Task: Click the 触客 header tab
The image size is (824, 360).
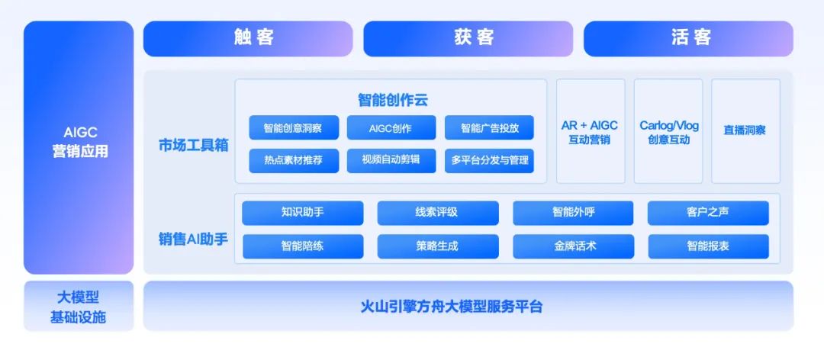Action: [x=248, y=38]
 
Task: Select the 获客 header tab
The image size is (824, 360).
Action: [x=468, y=38]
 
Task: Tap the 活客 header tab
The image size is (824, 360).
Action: [x=688, y=38]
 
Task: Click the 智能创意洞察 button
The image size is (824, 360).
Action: [x=294, y=128]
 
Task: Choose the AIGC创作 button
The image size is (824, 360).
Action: [x=391, y=128]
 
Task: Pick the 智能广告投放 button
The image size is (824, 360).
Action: [x=489, y=128]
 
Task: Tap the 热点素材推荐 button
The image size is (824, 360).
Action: [x=294, y=160]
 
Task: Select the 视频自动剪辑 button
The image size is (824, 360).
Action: [x=391, y=160]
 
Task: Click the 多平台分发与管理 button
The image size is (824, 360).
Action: [x=489, y=160]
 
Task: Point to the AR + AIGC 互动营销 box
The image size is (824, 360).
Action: [x=591, y=131]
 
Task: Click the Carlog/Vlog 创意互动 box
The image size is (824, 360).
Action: [x=668, y=131]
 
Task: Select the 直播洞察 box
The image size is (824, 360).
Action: [x=745, y=130]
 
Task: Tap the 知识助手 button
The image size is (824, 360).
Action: [x=302, y=213]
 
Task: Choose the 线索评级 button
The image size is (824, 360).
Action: [x=437, y=213]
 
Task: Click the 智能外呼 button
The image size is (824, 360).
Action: [x=573, y=213]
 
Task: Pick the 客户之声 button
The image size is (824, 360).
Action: [x=708, y=213]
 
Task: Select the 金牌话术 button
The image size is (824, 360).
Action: [x=573, y=246]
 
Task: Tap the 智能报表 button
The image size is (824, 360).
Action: [x=708, y=246]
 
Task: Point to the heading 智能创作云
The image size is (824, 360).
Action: [x=391, y=100]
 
